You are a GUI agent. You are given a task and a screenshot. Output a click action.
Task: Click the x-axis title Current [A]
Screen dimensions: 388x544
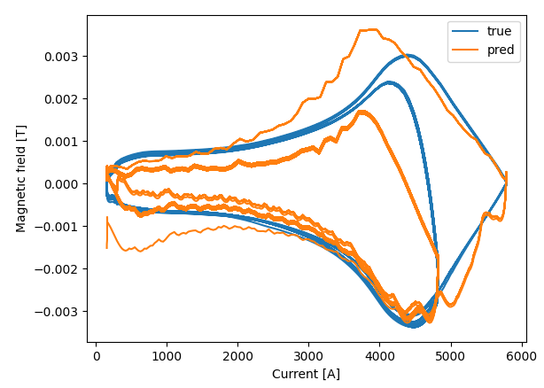pyautogui.click(x=306, y=374)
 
